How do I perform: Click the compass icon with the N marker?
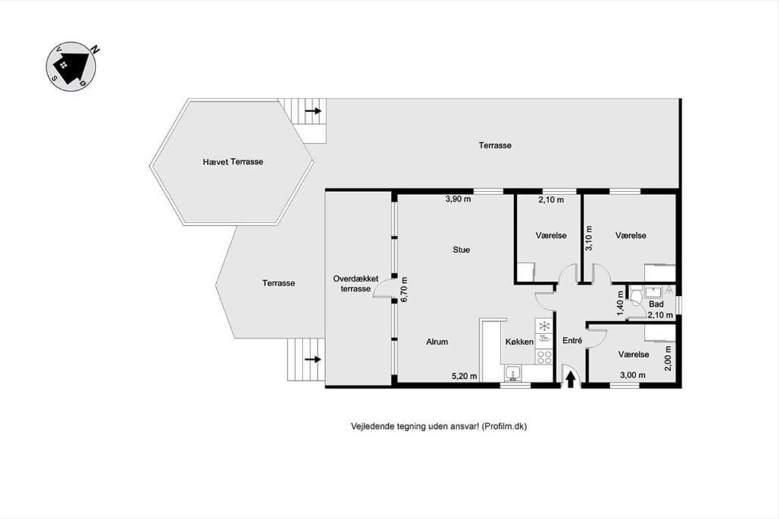[71, 66]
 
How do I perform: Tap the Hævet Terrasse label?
[233, 162]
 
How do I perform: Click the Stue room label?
[461, 250]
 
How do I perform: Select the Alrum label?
[437, 342]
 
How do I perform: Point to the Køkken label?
[519, 342]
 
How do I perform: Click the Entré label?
[572, 341]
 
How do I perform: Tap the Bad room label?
[656, 304]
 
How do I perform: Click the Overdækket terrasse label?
[356, 284]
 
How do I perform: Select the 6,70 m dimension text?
[404, 289]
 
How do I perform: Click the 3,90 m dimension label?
[458, 199]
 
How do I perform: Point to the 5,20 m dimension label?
[464, 376]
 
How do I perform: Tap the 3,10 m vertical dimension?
[588, 238]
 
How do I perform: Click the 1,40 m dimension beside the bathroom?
[621, 304]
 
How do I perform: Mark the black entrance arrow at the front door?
[571, 380]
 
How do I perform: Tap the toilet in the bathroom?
[635, 296]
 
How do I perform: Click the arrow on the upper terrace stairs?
[313, 111]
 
